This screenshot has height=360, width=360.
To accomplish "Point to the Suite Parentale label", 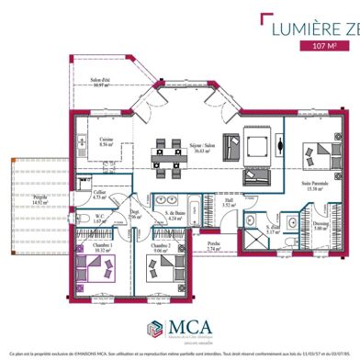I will click(x=317, y=185).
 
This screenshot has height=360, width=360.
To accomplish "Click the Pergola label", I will click(x=40, y=197).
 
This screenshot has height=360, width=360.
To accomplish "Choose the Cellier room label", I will click(x=101, y=194).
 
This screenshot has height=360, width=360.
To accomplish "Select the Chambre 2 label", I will click(x=160, y=247).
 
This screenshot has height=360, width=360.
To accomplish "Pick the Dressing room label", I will click(x=321, y=225).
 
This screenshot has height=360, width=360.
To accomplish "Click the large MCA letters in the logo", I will click(x=192, y=327).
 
